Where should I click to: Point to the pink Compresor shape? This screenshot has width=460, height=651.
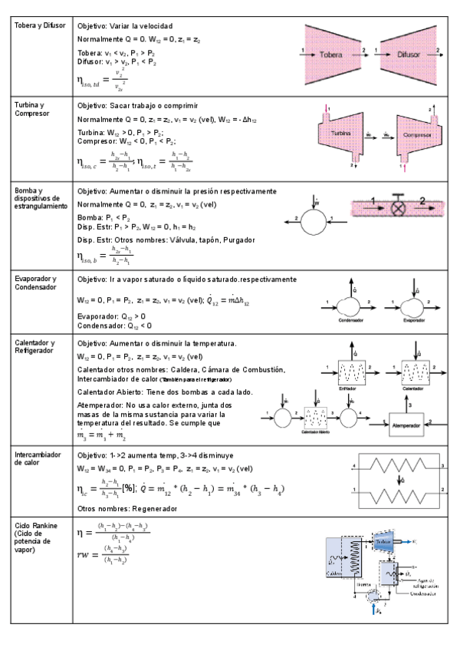point(413,134)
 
